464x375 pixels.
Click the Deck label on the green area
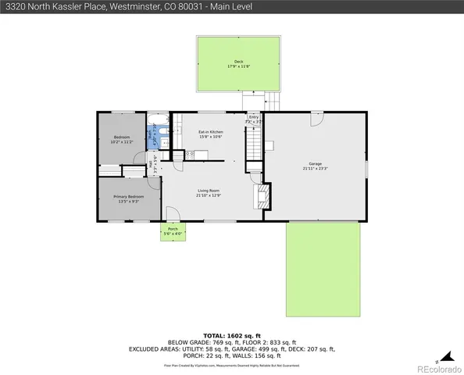click(238, 62)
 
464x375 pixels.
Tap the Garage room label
click(316, 163)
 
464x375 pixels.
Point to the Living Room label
click(208, 191)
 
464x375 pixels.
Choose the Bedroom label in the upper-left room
click(121, 137)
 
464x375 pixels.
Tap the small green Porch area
click(173, 232)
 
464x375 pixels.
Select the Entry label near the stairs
click(253, 118)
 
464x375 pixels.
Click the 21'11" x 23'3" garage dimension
click(316, 169)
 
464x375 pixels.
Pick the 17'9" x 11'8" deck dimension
click(238, 67)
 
